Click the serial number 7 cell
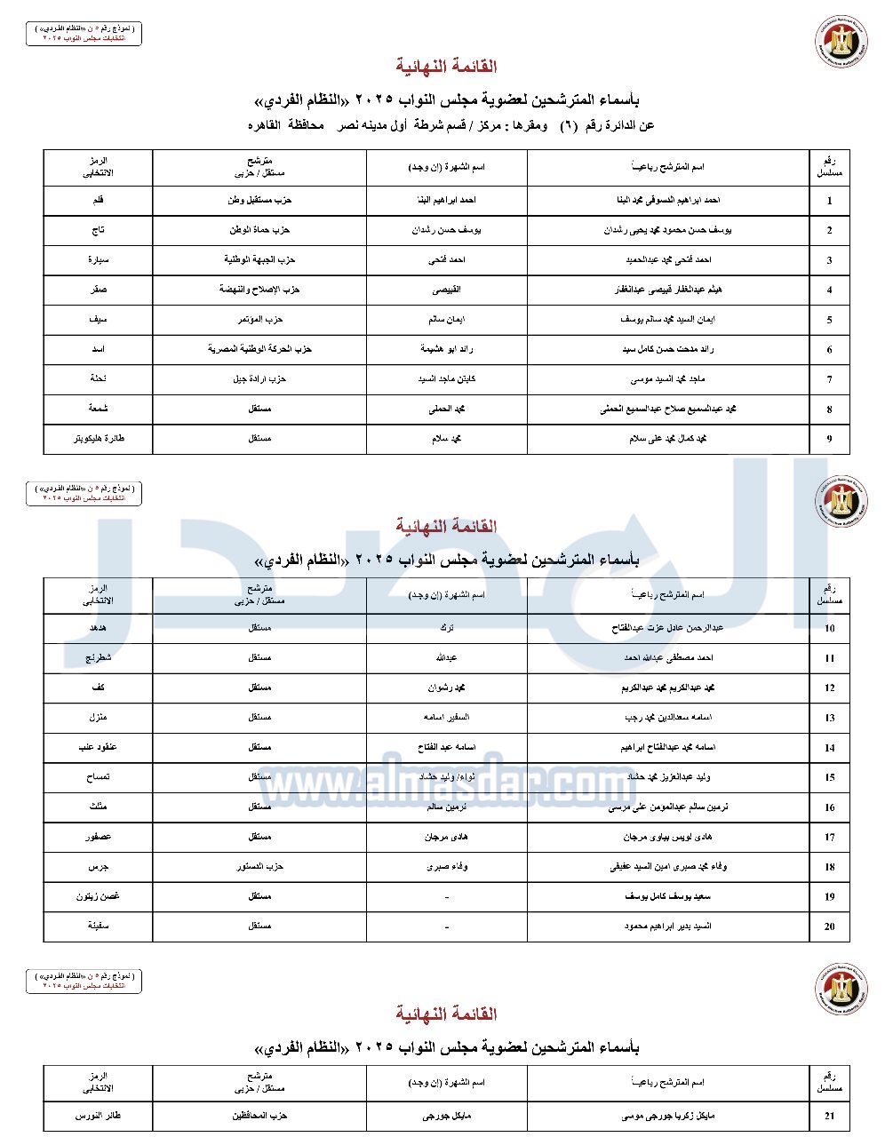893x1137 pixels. pyautogui.click(x=829, y=379)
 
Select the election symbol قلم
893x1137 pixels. pyautogui.click(x=98, y=201)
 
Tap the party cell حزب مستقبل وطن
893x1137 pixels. pyautogui.click(x=259, y=201)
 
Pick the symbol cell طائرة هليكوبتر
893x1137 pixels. pyautogui.click(x=98, y=439)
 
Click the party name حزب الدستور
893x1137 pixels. pyautogui.click(x=259, y=866)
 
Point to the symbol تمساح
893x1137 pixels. pyautogui.click(x=98, y=777)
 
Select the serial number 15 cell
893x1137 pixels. pyautogui.click(x=829, y=777)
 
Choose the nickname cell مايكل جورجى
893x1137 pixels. pyautogui.click(x=446, y=1116)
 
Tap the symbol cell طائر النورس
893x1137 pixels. pyautogui.click(x=98, y=1116)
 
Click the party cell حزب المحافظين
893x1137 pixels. pyautogui.click(x=259, y=1116)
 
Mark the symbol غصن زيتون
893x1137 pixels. pyautogui.click(x=98, y=896)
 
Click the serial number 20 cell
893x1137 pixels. pyautogui.click(x=829, y=926)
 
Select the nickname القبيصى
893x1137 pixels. pyautogui.click(x=446, y=290)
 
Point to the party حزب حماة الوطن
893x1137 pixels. pyautogui.click(x=259, y=230)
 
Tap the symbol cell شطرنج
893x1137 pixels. pyautogui.click(x=98, y=658)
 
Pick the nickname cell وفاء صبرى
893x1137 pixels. pyautogui.click(x=446, y=866)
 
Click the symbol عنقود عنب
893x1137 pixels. pyautogui.click(x=98, y=747)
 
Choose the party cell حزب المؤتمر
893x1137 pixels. pyautogui.click(x=259, y=320)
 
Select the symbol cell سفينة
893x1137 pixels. pyautogui.click(x=98, y=926)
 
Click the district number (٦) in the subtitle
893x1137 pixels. pyautogui.click(x=568, y=125)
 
